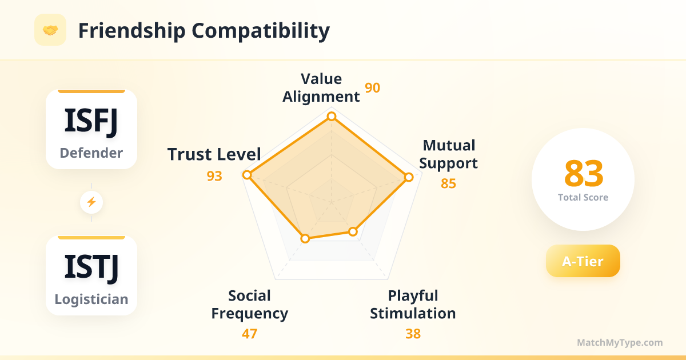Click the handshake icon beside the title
point(50,30)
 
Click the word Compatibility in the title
point(261,31)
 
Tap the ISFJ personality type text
point(91,121)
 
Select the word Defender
point(91,153)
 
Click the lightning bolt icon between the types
point(91,202)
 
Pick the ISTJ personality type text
point(91,267)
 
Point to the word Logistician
point(91,299)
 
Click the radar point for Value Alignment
point(332,117)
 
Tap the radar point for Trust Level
point(247,175)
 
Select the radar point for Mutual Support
point(409,177)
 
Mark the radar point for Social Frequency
point(305,238)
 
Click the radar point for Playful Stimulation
point(353,232)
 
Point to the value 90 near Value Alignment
point(372,88)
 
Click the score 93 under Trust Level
point(214,176)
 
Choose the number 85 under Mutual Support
point(448,183)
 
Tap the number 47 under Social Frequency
point(250,334)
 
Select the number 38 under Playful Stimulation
point(413,334)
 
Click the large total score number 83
point(584,174)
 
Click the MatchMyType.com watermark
point(620,342)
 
